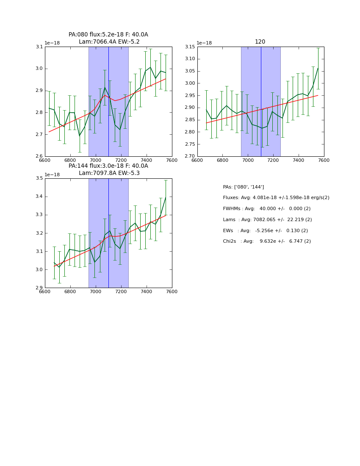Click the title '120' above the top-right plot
tap(260, 42)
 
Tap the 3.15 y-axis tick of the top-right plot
tap(189, 47)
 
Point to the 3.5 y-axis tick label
tap(39, 178)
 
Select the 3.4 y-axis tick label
tap(39, 197)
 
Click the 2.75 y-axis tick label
tap(189, 144)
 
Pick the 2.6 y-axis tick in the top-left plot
tap(39, 156)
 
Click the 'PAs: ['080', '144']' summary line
tap(243, 187)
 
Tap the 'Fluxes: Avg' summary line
tap(276, 198)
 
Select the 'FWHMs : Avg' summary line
tap(266, 209)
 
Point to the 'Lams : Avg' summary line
tap(267, 220)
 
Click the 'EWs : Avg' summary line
tap(265, 231)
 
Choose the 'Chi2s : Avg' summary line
tap(266, 241)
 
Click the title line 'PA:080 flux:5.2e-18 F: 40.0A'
tap(108, 35)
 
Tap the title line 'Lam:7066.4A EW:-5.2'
tap(109, 42)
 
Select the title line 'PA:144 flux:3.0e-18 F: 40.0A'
tap(108, 166)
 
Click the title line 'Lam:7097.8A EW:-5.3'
tap(109, 173)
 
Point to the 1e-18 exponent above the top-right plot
tap(204, 43)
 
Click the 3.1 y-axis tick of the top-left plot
tap(39, 47)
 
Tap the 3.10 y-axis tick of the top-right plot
tap(189, 59)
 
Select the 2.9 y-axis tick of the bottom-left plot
tap(39, 288)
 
